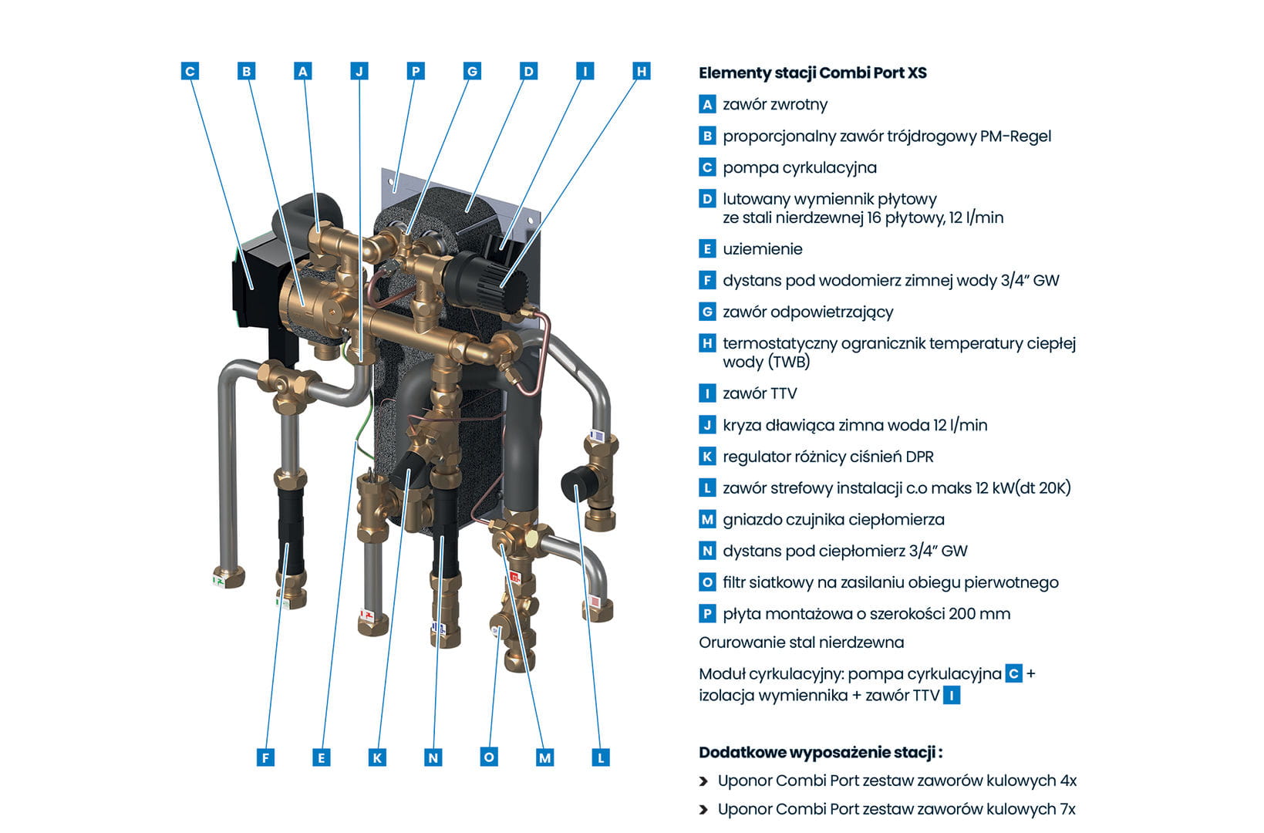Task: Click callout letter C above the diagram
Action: click(x=190, y=72)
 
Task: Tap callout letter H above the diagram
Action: click(x=642, y=72)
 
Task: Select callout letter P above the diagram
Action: click(x=416, y=72)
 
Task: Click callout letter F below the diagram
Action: click(x=265, y=757)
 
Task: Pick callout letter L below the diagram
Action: click(x=601, y=757)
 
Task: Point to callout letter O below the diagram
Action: click(x=489, y=757)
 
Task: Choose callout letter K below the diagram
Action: click(x=377, y=757)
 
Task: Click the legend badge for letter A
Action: click(x=707, y=105)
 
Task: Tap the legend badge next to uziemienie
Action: click(x=707, y=249)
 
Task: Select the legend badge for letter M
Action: click(x=707, y=520)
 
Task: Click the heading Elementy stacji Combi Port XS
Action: click(x=812, y=73)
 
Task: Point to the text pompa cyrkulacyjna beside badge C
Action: click(x=799, y=167)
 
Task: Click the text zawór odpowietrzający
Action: click(x=807, y=312)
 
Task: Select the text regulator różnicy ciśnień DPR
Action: click(x=827, y=457)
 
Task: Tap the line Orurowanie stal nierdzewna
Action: click(x=801, y=642)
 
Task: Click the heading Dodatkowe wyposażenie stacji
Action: click(x=820, y=753)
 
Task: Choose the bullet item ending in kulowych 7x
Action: click(x=895, y=809)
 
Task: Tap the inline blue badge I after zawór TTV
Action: click(x=952, y=696)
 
